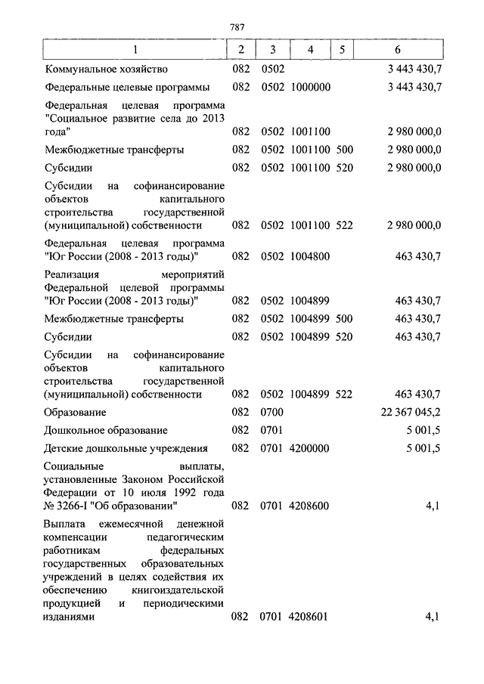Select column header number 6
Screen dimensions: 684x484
398,50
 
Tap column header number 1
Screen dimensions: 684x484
135,50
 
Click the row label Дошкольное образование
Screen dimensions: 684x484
106,431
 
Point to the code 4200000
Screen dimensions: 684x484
310,448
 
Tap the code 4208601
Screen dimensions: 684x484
309,617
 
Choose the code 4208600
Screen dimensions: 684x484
310,506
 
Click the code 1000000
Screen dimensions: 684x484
310,87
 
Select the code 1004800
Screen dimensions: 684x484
310,256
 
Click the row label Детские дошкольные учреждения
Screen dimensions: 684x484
126,448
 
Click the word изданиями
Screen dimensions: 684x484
70,617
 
